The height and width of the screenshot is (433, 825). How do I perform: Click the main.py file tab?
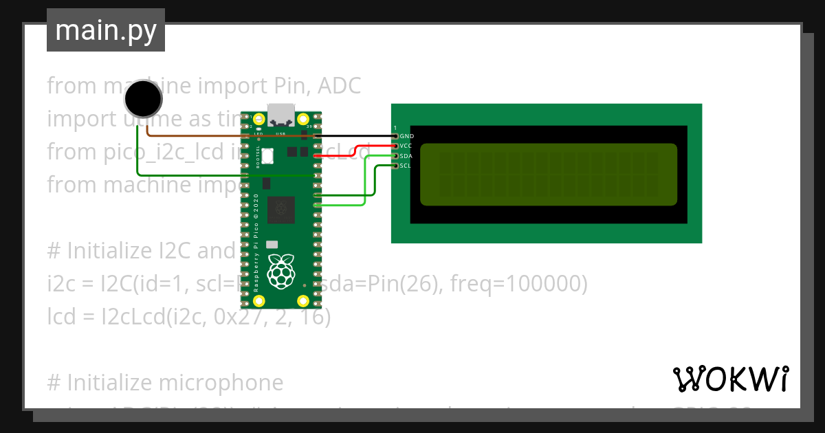106,31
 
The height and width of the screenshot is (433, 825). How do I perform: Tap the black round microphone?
144,98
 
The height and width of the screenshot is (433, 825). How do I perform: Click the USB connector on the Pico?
281,113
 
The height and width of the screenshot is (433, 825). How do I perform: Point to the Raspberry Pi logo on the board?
281,271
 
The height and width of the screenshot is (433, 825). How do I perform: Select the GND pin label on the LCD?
406,137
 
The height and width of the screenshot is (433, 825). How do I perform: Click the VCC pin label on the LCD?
406,146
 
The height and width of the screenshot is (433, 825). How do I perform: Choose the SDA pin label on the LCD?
406,156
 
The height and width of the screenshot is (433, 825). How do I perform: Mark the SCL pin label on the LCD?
406,166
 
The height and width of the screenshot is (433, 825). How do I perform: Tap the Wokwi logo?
730,379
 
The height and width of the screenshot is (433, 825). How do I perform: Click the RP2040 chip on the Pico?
281,210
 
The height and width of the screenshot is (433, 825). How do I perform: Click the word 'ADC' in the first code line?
337,86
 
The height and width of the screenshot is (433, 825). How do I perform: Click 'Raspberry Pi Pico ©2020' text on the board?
256,244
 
